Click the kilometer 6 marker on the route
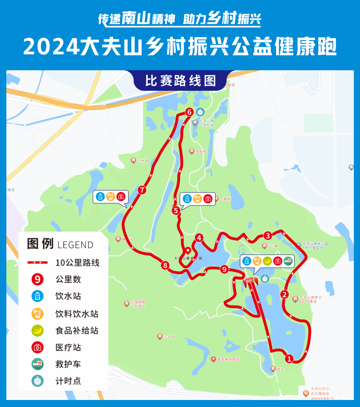tap(189, 112)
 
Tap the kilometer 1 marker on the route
tap(289, 359)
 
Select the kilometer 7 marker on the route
tap(142, 190)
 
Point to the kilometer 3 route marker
tap(268, 236)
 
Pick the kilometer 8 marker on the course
tap(165, 265)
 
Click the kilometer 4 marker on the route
tap(199, 238)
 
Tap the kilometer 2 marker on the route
tap(284, 294)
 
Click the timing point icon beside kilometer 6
tap(200, 112)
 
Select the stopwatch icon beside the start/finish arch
tap(265, 279)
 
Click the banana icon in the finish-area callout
tap(267, 261)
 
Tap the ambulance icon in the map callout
tap(288, 261)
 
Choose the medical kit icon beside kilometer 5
tap(208, 199)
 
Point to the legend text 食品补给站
tap(77, 331)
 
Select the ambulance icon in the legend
tap(38, 364)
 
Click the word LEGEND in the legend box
tap(75, 245)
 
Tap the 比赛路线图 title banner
tap(180, 81)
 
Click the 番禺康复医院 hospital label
tap(228, 359)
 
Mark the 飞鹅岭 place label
tap(225, 199)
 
